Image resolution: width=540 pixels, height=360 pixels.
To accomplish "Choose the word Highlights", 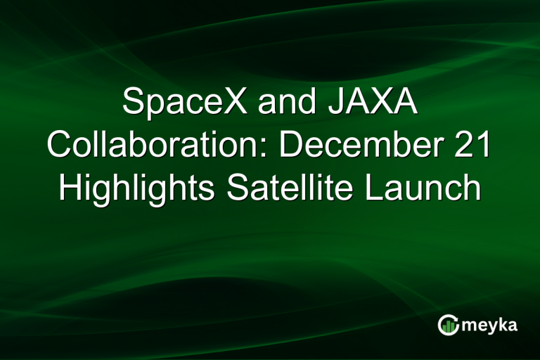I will point(134,188).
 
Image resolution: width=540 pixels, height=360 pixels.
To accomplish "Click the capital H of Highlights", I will point(71,188).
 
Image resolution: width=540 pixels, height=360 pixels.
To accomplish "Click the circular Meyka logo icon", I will point(447,325).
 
